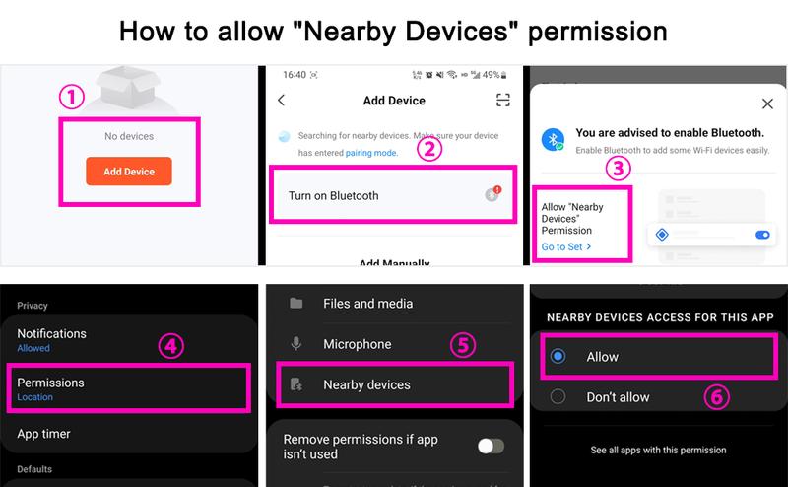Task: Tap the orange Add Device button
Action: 129,172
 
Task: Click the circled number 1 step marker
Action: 71,97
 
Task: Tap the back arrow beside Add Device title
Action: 282,101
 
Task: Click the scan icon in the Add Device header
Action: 503,101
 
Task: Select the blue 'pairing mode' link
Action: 371,153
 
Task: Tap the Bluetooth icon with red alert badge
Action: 493,193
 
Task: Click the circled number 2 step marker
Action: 429,149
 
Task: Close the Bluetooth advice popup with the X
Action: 767,104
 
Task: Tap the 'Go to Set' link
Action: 565,247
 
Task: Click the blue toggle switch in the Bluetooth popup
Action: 762,235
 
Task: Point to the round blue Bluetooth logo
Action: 553,139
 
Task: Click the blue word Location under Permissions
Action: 34,397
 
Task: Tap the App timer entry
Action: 43,434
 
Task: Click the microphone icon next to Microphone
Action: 296,344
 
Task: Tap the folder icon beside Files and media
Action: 296,303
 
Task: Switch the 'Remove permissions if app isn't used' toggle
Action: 491,446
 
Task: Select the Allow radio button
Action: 558,356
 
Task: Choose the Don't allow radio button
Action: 558,396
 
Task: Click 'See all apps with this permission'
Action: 658,450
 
